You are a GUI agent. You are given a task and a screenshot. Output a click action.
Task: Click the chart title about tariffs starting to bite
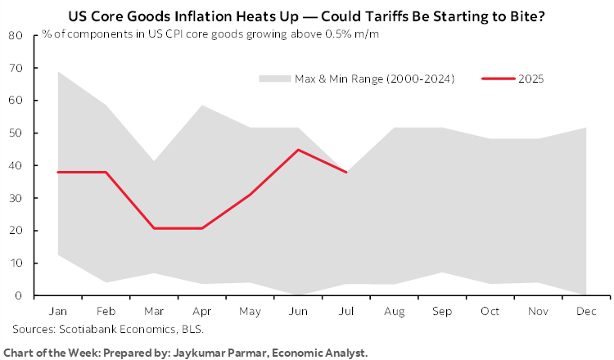(306, 16)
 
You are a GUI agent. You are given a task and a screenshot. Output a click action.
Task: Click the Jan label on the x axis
(60, 313)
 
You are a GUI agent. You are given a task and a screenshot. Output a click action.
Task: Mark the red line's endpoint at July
(348, 172)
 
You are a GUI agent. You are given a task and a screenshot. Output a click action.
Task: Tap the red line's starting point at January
(60, 172)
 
